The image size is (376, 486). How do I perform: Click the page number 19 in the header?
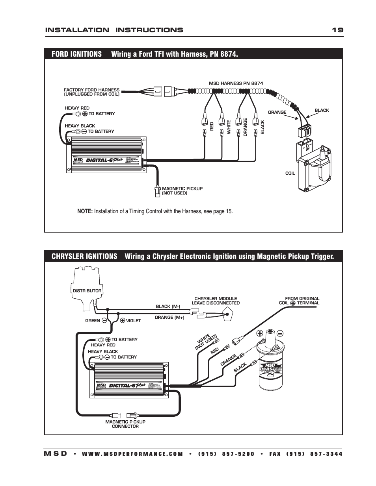(x=337, y=30)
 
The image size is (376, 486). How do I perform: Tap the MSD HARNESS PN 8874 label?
(x=236, y=83)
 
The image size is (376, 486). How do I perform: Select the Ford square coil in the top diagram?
(x=313, y=167)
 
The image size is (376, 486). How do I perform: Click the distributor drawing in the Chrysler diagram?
(x=87, y=287)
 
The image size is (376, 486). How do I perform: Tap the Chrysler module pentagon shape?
(x=228, y=314)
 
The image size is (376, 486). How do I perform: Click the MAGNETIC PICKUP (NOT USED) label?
(x=182, y=191)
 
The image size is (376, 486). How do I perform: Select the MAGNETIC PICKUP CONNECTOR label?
(x=125, y=424)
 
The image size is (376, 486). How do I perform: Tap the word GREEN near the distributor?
(x=93, y=321)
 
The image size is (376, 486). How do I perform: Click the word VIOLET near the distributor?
(x=133, y=321)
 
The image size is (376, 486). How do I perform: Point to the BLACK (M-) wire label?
(x=168, y=306)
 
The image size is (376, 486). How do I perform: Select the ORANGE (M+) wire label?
(x=169, y=317)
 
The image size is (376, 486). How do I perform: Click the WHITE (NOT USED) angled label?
(x=206, y=342)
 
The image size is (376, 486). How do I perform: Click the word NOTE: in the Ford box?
(x=85, y=211)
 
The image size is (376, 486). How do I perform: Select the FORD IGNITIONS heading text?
(x=76, y=54)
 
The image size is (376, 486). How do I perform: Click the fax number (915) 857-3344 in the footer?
(x=314, y=454)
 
